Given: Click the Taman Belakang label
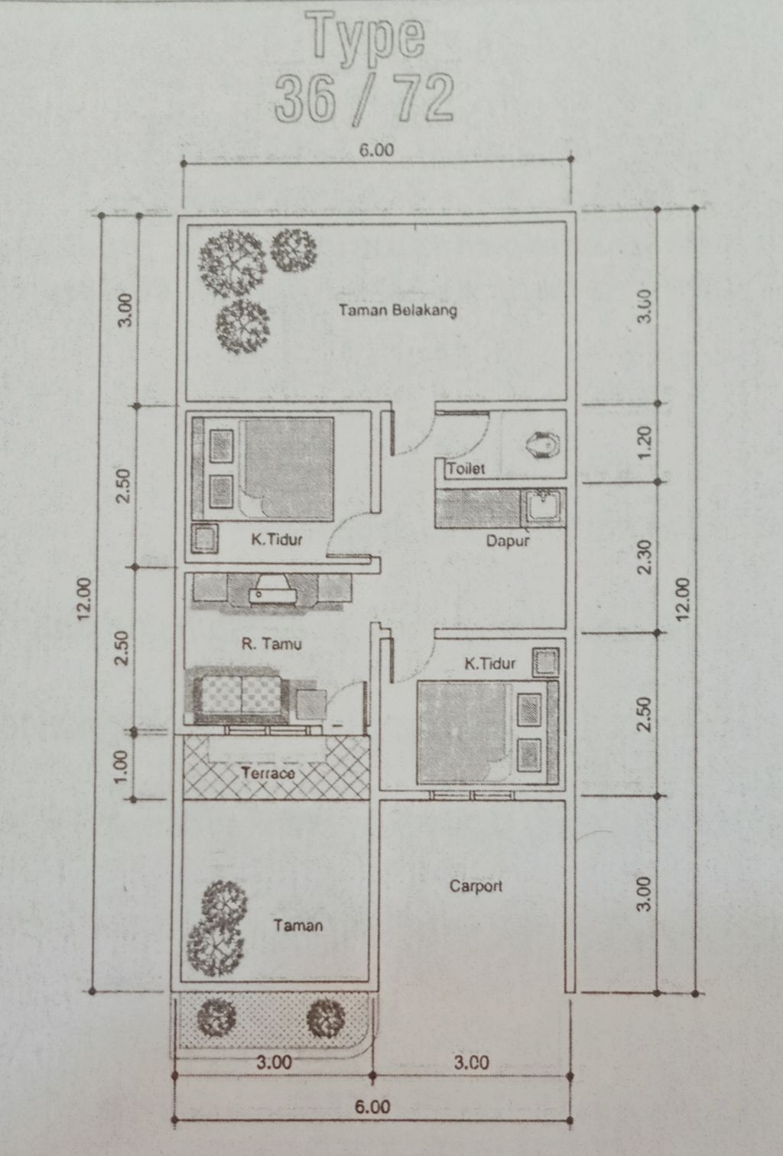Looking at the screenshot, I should tap(398, 310).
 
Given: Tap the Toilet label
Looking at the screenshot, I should tap(466, 468).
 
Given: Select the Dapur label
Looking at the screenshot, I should tap(508, 541).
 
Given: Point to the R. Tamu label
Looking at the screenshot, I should tap(271, 643).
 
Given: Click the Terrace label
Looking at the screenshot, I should tap(268, 773).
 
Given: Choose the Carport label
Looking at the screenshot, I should tap(476, 886).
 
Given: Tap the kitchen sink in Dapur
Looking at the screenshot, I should tap(541, 507).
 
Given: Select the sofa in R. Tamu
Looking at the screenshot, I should tap(241, 695).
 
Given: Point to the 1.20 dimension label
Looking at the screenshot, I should tap(644, 442).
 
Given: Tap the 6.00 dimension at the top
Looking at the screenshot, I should tap(376, 150).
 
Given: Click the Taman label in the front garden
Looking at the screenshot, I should tap(298, 925).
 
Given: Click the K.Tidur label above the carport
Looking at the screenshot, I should tap(490, 663).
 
